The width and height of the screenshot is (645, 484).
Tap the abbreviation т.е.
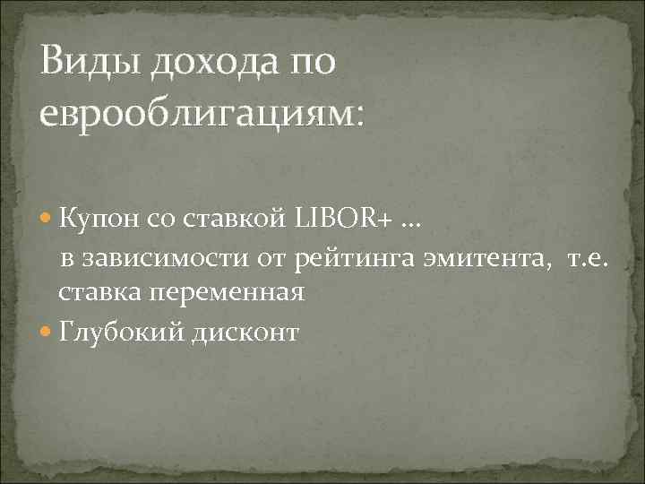pos(587,261)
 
